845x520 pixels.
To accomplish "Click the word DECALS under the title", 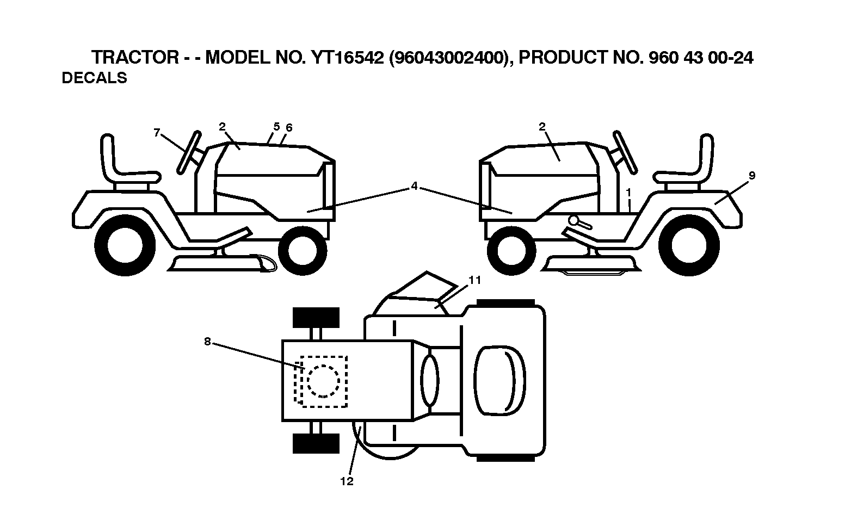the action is click(x=94, y=78).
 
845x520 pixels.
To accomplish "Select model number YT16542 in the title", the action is click(x=348, y=58).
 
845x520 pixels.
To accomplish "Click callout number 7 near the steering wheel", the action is click(x=157, y=132).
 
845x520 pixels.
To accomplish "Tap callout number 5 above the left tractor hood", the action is click(x=276, y=127).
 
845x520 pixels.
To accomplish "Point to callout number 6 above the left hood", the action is click(x=289, y=128).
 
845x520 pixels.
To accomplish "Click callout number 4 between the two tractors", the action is click(x=414, y=186).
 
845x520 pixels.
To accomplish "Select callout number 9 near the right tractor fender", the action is click(x=752, y=175).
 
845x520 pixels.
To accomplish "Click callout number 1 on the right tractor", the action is click(x=628, y=193).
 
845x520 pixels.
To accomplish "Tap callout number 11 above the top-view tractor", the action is click(x=475, y=280).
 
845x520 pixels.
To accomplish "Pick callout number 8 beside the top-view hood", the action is click(x=207, y=342).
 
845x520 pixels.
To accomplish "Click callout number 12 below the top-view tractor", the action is click(x=347, y=481).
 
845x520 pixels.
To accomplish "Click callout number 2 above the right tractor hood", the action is click(x=542, y=127).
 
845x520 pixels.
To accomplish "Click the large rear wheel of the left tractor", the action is click(x=125, y=246).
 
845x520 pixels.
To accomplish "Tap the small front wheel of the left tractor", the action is click(x=303, y=251).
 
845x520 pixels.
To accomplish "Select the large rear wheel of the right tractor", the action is click(x=689, y=245).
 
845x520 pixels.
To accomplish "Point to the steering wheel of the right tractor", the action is click(x=625, y=152).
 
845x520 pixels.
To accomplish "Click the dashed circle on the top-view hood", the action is click(x=323, y=381).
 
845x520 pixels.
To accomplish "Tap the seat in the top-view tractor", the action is click(x=500, y=380).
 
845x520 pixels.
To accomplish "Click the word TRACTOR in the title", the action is click(x=135, y=58).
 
